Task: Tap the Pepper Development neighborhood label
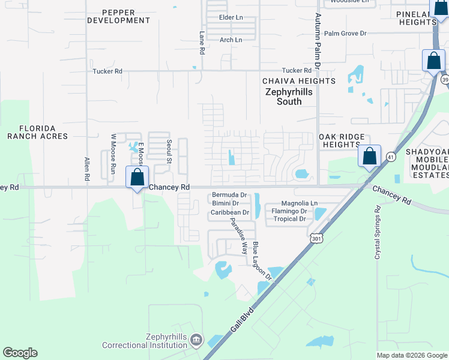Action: click(118, 16)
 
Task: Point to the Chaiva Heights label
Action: click(298, 81)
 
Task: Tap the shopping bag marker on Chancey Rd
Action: click(137, 178)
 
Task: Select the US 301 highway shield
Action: click(316, 239)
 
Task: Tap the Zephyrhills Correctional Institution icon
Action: click(196, 341)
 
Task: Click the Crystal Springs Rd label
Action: click(378, 233)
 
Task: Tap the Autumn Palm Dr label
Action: click(318, 51)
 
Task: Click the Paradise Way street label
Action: click(238, 235)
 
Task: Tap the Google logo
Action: click(20, 353)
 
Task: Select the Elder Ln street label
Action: click(231, 17)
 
